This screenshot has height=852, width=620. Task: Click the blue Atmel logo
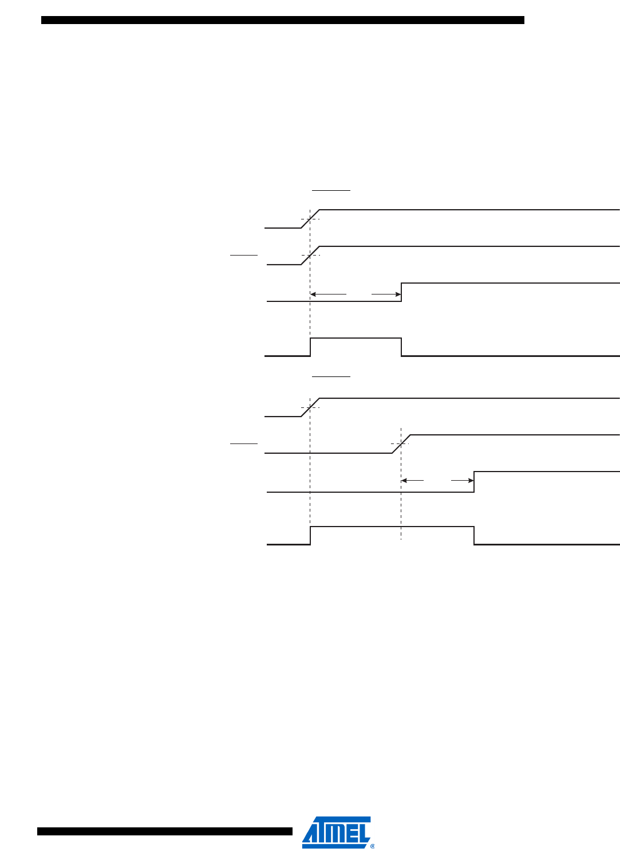pos(336,832)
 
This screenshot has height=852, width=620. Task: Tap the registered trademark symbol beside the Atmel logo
pos(373,846)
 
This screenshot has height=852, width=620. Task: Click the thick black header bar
pos(282,20)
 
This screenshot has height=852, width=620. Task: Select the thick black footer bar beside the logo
pos(164,831)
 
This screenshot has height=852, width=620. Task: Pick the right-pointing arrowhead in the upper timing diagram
pos(398,294)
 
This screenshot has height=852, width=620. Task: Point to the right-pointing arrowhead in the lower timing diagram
pos(471,480)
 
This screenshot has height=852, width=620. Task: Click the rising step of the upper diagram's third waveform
pos(401,292)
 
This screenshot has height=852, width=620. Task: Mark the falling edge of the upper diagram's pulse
pos(401,347)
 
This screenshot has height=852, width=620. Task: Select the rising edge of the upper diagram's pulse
pos(310,347)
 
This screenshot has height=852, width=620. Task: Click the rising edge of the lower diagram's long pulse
pos(310,535)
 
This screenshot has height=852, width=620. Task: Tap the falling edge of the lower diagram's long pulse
pos(474,535)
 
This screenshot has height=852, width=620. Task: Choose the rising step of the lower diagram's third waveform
pos(474,481)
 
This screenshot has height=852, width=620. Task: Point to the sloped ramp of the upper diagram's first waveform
pos(310,219)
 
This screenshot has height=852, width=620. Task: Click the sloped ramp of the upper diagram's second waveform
pos(310,256)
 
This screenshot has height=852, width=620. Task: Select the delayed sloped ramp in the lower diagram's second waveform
pos(401,444)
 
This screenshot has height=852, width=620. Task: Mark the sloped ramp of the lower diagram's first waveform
pos(310,407)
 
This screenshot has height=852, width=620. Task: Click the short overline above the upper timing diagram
pos(331,189)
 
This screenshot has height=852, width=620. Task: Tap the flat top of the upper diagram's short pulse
pos(356,338)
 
